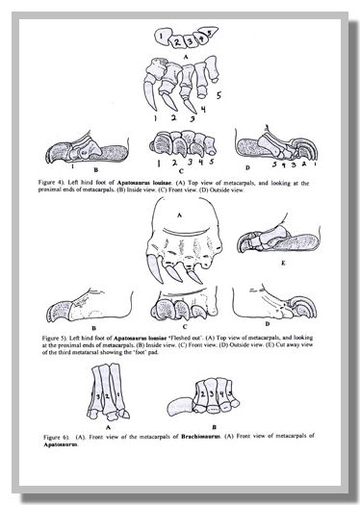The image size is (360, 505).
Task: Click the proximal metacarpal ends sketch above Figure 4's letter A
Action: click(178, 39)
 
